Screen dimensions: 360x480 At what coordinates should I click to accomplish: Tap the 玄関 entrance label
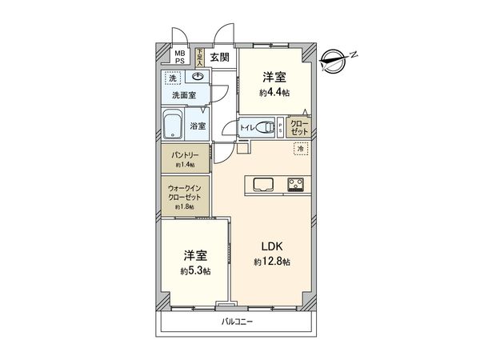218,57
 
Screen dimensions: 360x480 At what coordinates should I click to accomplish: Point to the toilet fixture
267,126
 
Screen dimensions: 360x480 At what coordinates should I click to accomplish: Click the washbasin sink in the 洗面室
197,78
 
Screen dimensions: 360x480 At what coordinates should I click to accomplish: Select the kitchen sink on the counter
263,184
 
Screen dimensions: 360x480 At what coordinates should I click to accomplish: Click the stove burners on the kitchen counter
294,185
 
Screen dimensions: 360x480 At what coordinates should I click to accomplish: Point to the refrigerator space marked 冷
301,149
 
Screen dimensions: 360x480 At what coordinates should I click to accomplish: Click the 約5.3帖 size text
196,271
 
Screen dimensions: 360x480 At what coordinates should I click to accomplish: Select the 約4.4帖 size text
274,93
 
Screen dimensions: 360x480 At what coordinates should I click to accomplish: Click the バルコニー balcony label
238,321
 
